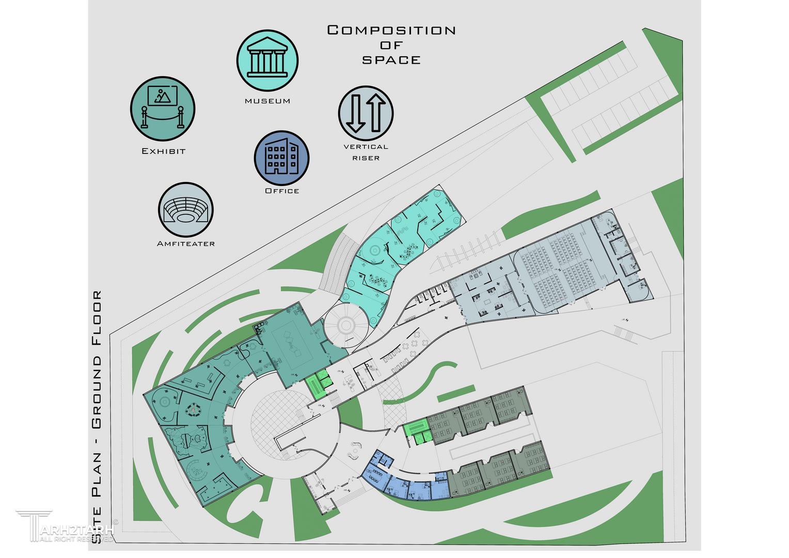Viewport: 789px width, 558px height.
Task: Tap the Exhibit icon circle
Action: click(162, 109)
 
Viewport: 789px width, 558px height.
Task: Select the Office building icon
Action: click(281, 158)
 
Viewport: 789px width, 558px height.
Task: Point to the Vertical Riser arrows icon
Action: click(366, 113)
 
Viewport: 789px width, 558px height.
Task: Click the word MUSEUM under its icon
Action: click(267, 101)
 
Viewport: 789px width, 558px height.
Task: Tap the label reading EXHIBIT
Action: click(163, 151)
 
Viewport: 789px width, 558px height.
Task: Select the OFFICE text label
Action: click(282, 191)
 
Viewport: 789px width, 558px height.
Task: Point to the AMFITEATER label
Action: click(186, 244)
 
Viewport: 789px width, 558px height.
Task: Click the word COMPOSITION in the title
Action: click(391, 30)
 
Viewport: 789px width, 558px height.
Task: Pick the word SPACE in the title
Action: click(391, 60)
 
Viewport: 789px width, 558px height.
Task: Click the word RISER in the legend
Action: click(366, 158)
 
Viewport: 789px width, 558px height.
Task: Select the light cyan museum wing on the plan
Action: click(403, 243)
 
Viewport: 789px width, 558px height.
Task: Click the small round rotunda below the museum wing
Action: click(345, 324)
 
